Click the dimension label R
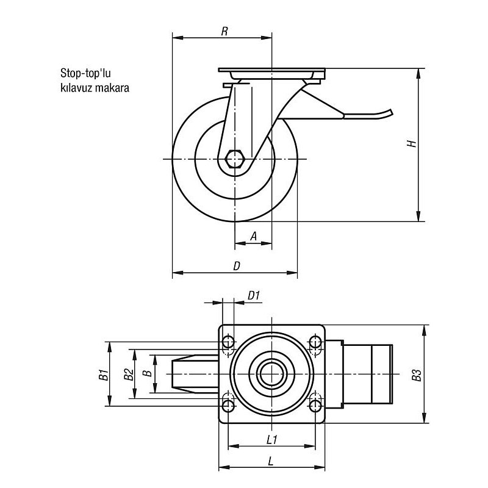click(x=224, y=32)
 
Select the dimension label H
click(x=412, y=145)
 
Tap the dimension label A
click(x=253, y=236)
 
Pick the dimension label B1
click(x=103, y=373)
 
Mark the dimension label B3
click(x=416, y=374)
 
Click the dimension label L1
click(x=272, y=439)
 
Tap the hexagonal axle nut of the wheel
click(x=234, y=159)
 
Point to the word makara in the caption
click(x=114, y=87)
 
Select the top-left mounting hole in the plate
click(x=229, y=342)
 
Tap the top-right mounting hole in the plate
click(x=315, y=342)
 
